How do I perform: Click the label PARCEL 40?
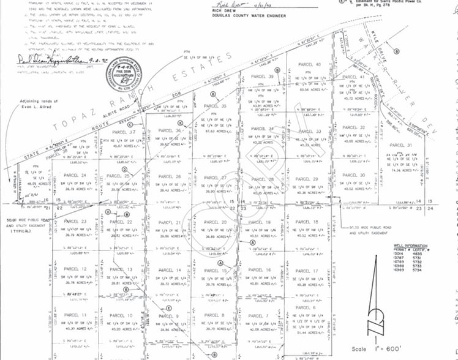310,64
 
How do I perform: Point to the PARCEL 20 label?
216,222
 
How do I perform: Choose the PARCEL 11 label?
75,315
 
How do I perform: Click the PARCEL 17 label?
307,271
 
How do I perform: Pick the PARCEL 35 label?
216,106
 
